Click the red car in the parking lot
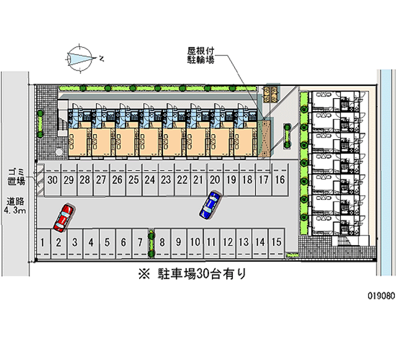(x=63, y=217)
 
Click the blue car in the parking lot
(x=210, y=205)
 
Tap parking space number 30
(x=53, y=180)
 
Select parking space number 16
(x=280, y=180)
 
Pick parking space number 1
(x=44, y=242)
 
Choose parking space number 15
(x=277, y=242)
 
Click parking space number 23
(x=166, y=180)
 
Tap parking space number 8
(x=162, y=242)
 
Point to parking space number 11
(x=211, y=242)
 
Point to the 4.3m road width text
(x=15, y=211)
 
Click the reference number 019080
(x=381, y=297)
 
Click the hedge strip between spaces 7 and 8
(x=150, y=243)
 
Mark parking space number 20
(x=214, y=180)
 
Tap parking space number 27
(x=101, y=180)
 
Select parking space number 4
(x=91, y=242)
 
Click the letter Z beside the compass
(x=101, y=58)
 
